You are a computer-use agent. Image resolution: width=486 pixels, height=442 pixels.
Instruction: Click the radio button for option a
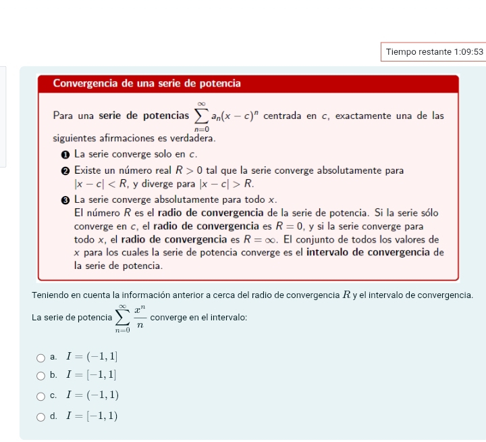click(x=41, y=356)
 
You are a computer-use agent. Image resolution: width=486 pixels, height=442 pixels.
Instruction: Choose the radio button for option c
click(x=41, y=396)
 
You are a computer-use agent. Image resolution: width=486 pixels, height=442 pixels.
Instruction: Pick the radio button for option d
click(x=41, y=416)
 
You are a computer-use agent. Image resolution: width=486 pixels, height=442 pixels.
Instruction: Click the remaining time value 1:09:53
click(x=469, y=51)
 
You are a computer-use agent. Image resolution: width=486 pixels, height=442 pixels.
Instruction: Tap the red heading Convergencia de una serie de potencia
click(x=146, y=84)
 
